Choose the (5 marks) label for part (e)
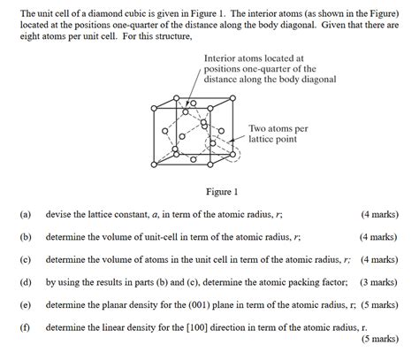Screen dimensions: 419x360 click(x=380, y=303)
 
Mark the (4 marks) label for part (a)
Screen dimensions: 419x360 click(x=380, y=214)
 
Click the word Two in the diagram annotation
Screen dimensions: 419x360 click(x=259, y=128)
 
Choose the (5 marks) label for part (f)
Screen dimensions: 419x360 click(x=380, y=338)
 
